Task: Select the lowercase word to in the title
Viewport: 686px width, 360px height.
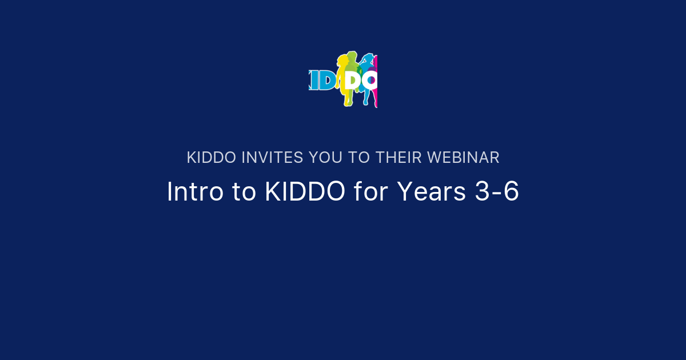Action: [x=244, y=192]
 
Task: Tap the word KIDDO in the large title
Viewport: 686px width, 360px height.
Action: [x=305, y=192]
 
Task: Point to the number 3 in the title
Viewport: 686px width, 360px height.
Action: [x=482, y=192]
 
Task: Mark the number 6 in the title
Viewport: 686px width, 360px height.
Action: [x=512, y=192]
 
